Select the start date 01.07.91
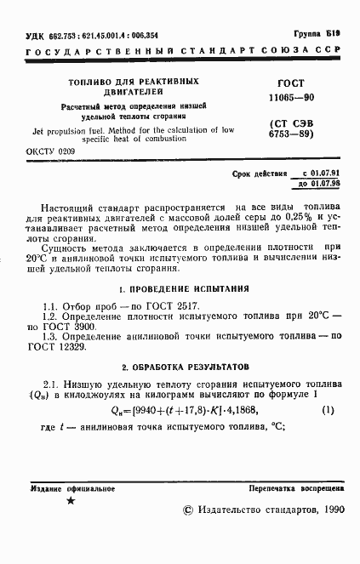[x=321, y=173]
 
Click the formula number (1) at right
[x=328, y=411]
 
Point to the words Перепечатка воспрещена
[x=296, y=490]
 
